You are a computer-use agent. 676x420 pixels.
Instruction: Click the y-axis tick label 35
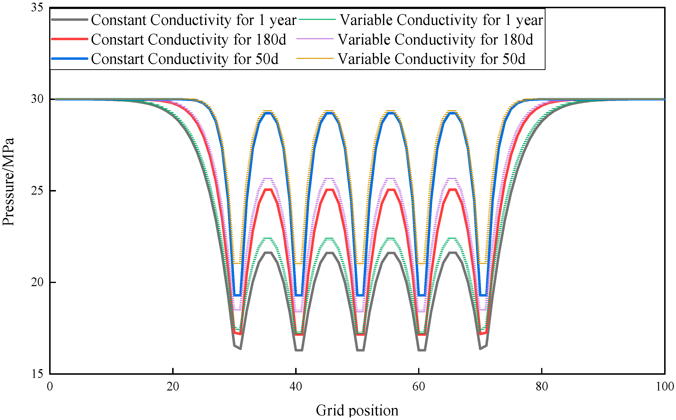coord(37,8)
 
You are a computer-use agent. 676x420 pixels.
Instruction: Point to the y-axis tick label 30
coord(37,99)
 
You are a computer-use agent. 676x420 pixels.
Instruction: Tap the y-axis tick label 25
coord(37,191)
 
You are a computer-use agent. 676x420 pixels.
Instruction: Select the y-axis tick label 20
coord(37,283)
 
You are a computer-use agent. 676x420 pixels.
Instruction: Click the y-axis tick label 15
coord(37,374)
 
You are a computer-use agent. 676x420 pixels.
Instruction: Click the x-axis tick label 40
coord(296,387)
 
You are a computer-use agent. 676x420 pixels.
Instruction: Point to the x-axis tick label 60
coord(418,387)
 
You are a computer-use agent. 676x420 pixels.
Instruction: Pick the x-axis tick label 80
coord(542,387)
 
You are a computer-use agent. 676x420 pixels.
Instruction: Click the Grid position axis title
coord(357,411)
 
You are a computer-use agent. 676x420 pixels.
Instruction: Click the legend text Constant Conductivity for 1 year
coord(194,20)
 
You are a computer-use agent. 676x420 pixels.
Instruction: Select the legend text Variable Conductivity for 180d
coord(435,39)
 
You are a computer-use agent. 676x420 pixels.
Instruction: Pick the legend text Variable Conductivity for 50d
coord(431,59)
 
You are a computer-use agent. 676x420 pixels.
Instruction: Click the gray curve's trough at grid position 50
coord(360,350)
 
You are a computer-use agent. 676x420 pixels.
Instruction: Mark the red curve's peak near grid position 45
coord(330,190)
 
